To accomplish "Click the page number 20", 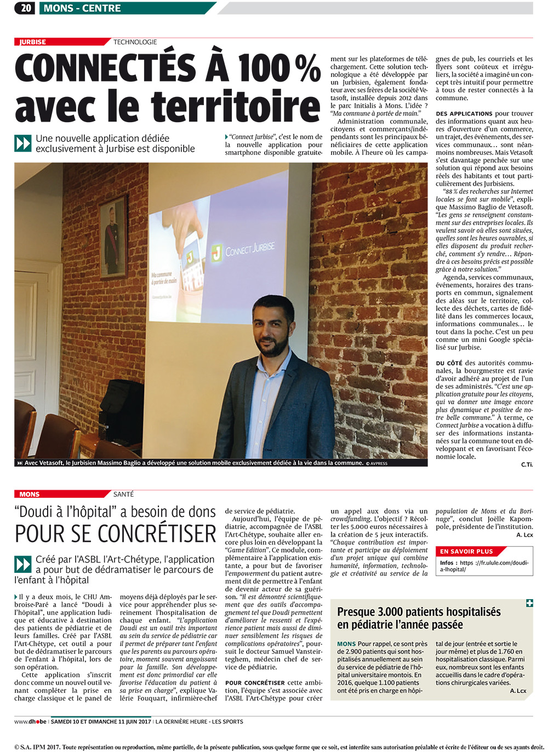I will [26, 8].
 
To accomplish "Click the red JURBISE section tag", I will [33, 42].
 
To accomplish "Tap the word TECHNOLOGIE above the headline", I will [135, 42].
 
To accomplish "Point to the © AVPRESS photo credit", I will [376, 463].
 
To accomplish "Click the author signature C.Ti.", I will [526, 464].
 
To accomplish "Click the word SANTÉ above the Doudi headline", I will [123, 494].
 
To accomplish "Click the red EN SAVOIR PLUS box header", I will [466, 552].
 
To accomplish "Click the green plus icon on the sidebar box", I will [529, 603].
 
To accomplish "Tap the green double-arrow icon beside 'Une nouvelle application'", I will [23, 143].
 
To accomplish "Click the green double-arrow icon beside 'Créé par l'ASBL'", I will [23, 564].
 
